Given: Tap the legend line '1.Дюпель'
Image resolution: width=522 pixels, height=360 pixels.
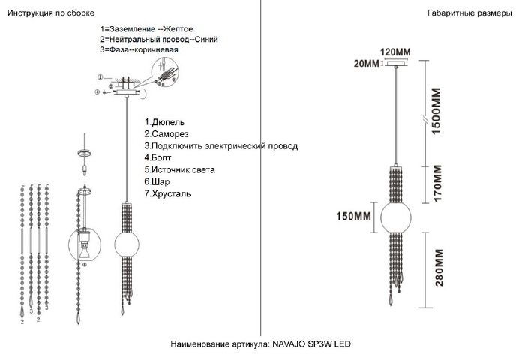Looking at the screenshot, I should [163, 122].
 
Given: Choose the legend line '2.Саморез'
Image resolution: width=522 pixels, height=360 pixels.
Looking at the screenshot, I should [167, 134].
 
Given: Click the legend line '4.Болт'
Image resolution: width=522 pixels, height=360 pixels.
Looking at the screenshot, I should [158, 158].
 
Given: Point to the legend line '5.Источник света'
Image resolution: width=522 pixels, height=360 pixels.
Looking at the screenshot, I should [179, 170].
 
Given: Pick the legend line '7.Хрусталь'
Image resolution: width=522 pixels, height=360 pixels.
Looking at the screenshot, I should [167, 193].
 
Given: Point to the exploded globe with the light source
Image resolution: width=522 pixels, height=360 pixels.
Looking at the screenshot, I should [85, 244].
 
